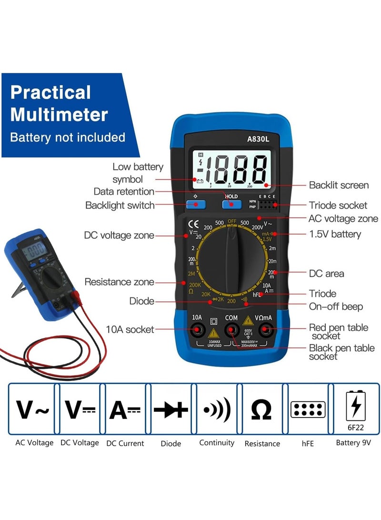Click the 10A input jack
point(197,328)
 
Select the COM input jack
point(231,328)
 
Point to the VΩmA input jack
point(266,328)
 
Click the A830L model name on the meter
point(259,140)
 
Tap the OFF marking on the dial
point(232,221)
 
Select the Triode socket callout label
point(338,205)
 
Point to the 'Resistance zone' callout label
point(119,282)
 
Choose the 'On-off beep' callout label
point(336,306)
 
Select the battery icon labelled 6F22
point(355,409)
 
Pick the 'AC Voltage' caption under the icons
point(34,443)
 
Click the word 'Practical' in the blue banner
point(50,92)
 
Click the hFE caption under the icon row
point(307,443)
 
